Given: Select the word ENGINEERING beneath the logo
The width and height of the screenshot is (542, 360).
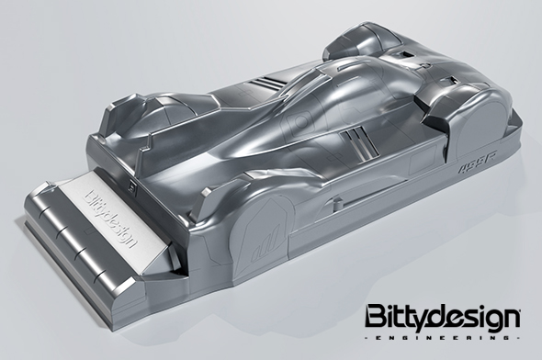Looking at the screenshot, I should point(444,339).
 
